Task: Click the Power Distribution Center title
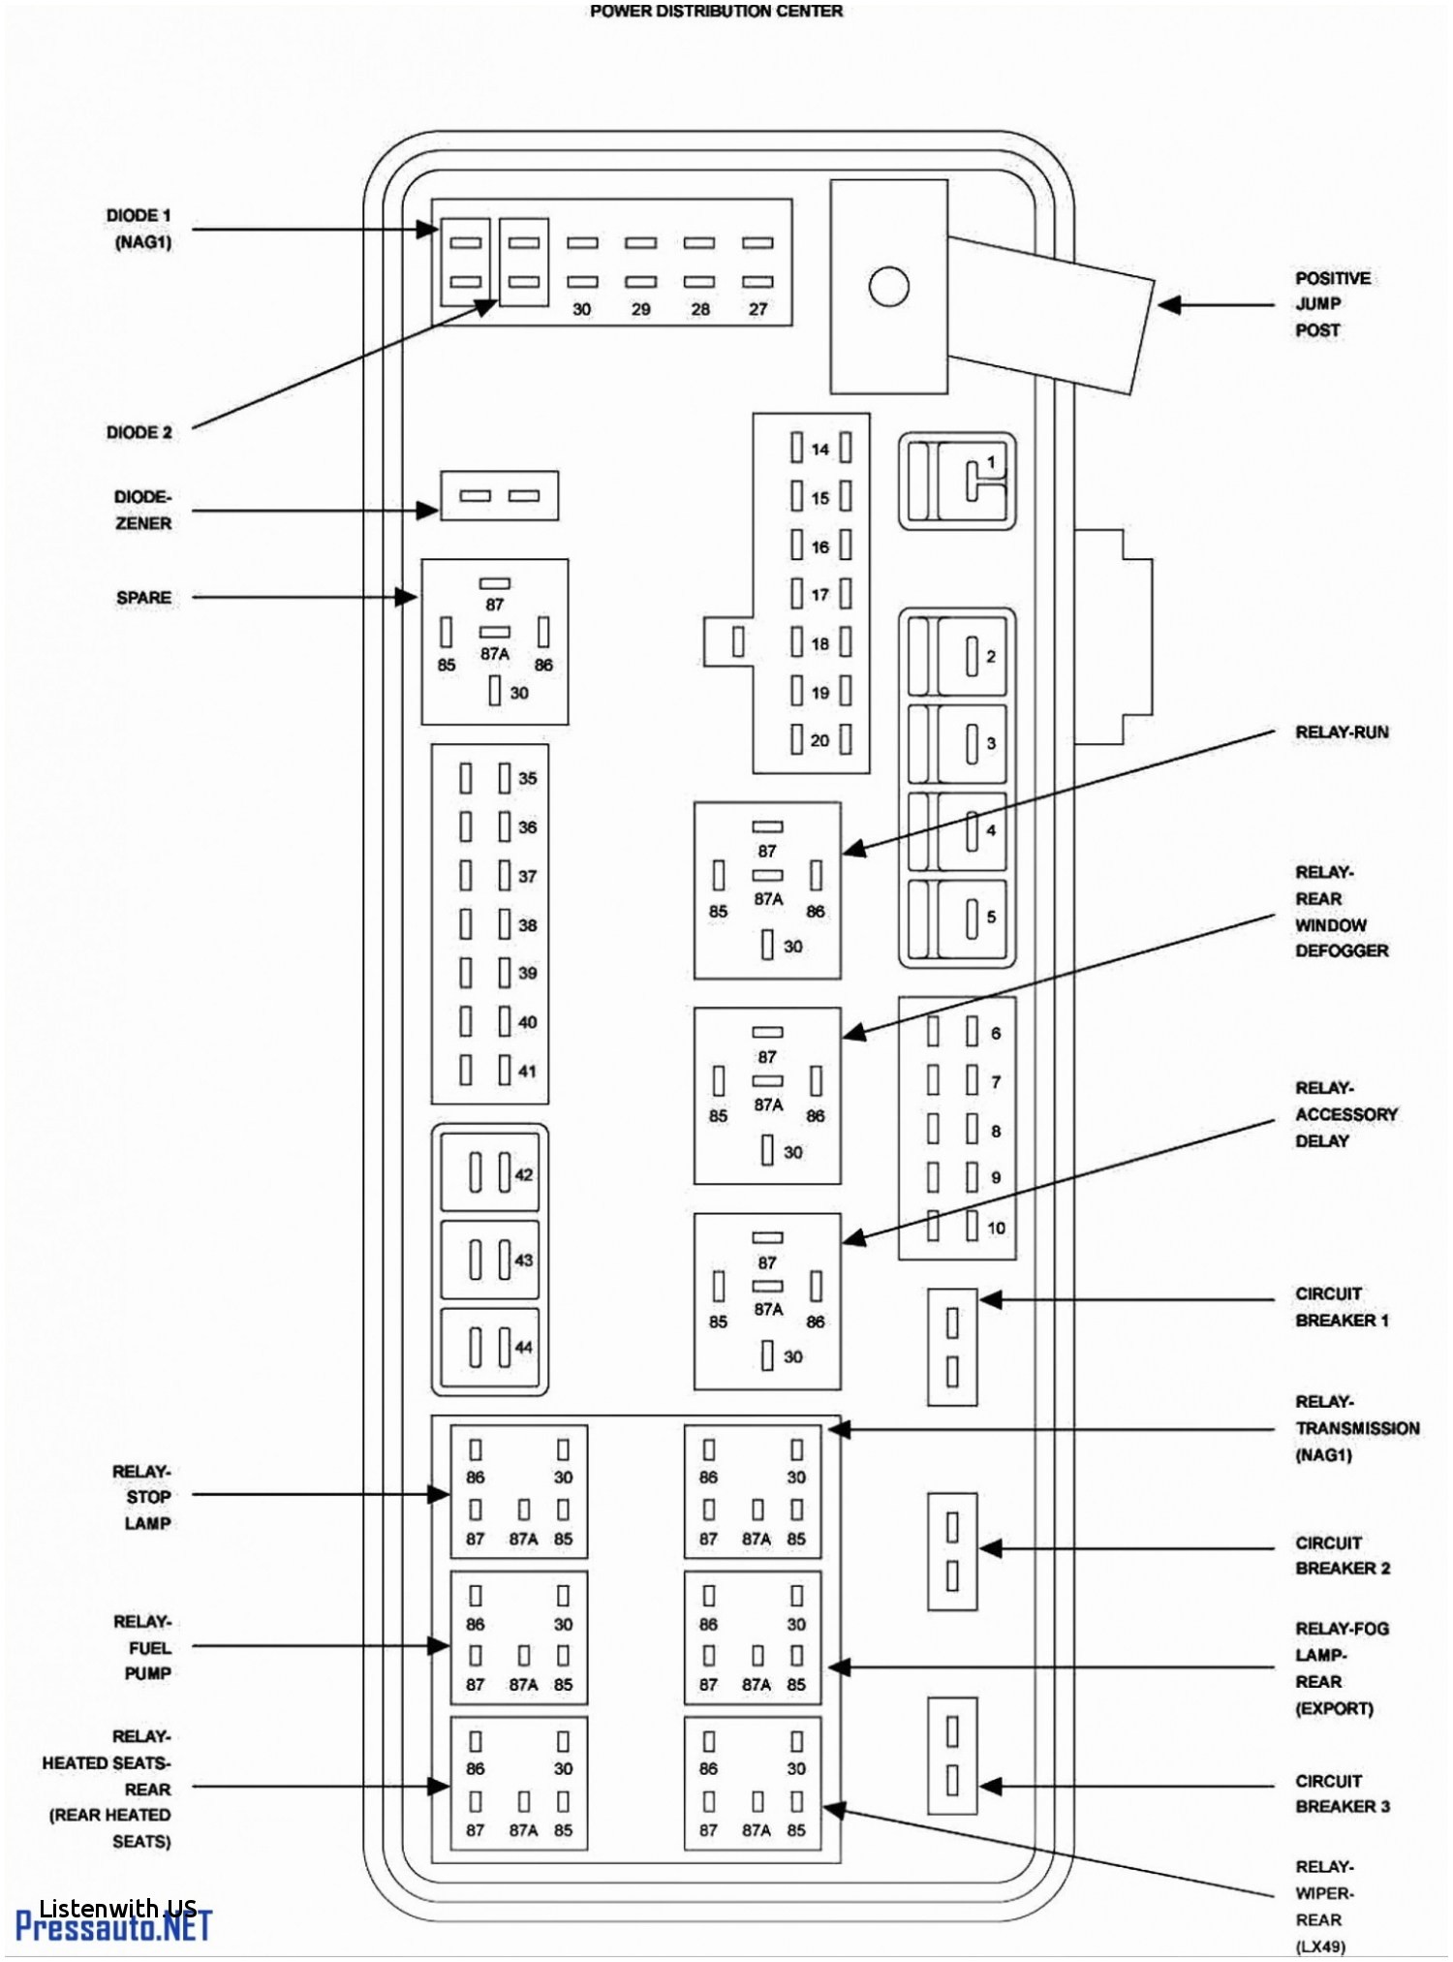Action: click(x=716, y=11)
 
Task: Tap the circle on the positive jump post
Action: click(x=888, y=287)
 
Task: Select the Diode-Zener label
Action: click(x=143, y=510)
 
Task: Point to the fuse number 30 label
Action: click(x=581, y=309)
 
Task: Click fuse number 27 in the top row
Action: click(x=757, y=262)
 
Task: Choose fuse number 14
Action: click(x=820, y=448)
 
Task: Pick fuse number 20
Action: click(x=820, y=740)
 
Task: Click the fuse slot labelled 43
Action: click(x=490, y=1260)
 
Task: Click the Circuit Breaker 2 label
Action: click(x=1343, y=1555)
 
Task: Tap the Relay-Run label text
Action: click(x=1342, y=732)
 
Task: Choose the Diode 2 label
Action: click(x=139, y=432)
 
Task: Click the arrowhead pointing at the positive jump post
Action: click(x=1169, y=304)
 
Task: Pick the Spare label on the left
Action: click(x=143, y=598)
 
